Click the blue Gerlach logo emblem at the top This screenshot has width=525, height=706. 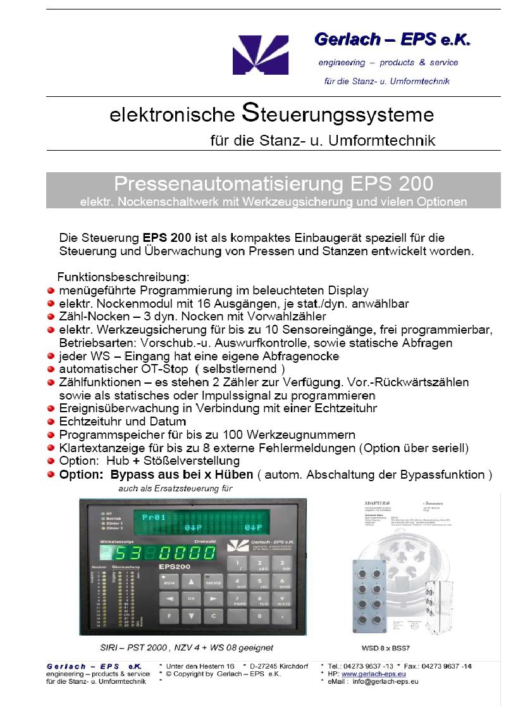pyautogui.click(x=260, y=55)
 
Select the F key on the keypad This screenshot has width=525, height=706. pyautogui.click(x=168, y=615)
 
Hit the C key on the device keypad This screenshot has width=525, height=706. pyautogui.click(x=214, y=615)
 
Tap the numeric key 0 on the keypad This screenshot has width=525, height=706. pyautogui.click(x=259, y=615)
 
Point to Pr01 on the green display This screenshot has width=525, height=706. pyautogui.click(x=154, y=517)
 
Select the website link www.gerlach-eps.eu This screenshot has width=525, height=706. pyautogui.click(x=371, y=674)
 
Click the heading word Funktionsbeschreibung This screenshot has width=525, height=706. pyautogui.click(x=123, y=277)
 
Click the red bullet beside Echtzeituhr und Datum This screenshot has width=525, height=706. pyautogui.click(x=51, y=421)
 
